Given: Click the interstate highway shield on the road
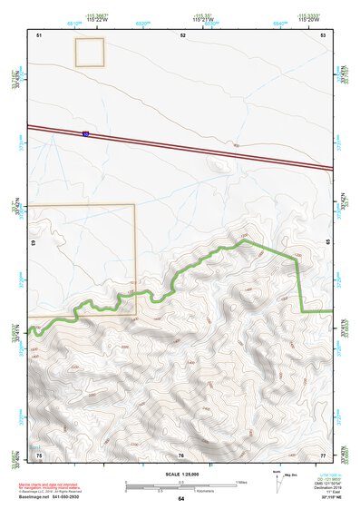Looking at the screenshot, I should point(85,134).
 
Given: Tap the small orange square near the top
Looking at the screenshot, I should point(89,54).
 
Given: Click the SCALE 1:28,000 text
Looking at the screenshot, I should point(180,472).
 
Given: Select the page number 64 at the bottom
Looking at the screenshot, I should point(181,499).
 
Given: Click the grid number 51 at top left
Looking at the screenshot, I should point(39,34).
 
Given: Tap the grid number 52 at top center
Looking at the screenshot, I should point(182,34).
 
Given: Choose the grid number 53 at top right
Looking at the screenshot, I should point(323,34).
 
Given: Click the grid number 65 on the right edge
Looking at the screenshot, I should point(327,243).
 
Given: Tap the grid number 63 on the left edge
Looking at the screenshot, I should point(34,243).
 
